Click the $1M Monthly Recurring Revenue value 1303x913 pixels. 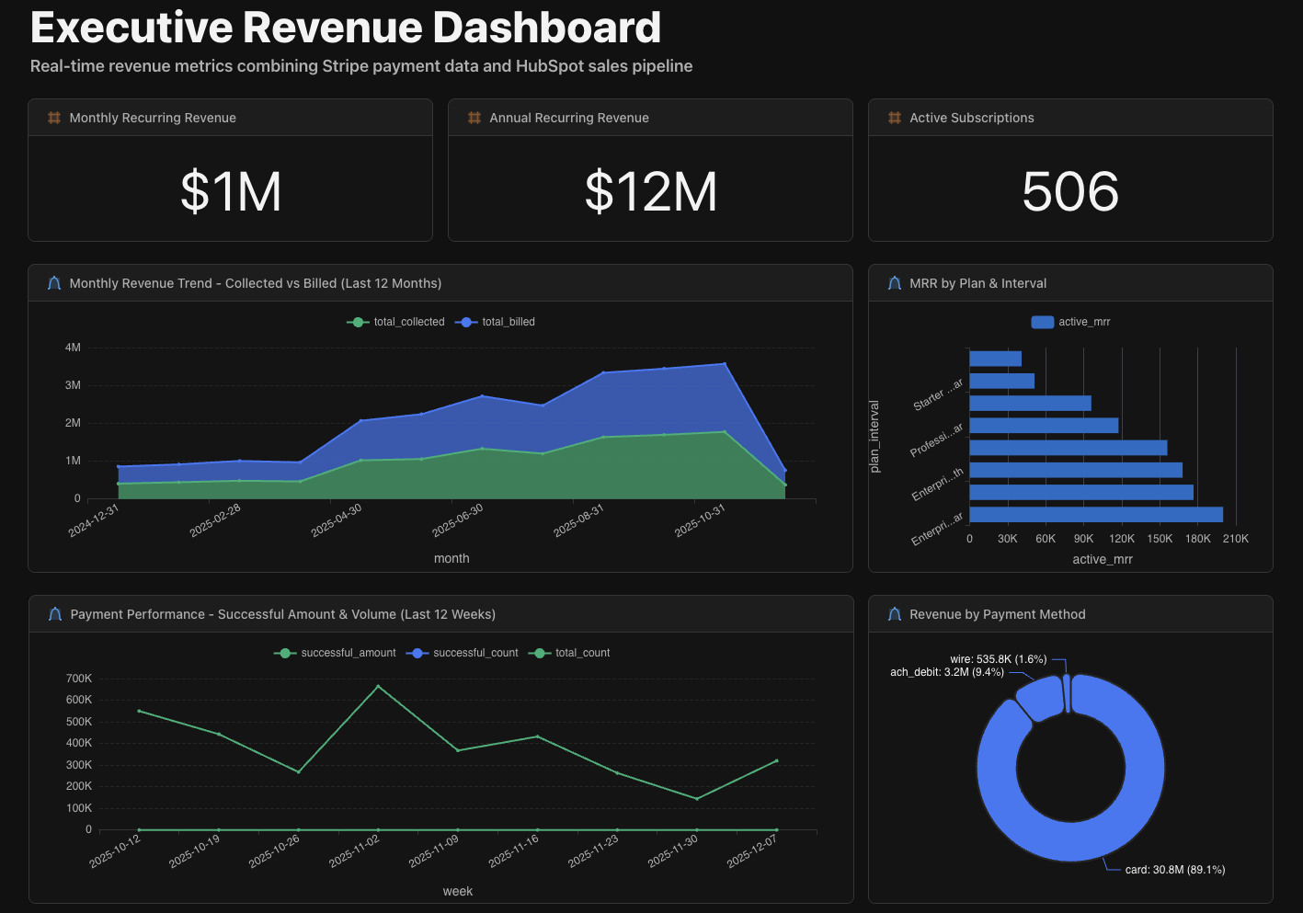(x=231, y=191)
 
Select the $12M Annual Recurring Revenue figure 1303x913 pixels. (x=651, y=191)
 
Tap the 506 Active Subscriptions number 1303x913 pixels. (x=1070, y=191)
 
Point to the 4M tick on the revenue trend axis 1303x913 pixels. (x=74, y=348)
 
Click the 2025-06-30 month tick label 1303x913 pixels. (x=458, y=520)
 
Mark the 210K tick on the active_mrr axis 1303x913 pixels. (x=1235, y=539)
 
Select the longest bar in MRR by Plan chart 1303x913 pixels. (x=1095, y=514)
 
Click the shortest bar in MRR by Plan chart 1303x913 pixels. (x=995, y=359)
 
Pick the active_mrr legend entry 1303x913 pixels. (x=1071, y=322)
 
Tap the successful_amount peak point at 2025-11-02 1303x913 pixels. (x=378, y=686)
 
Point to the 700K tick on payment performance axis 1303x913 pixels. (x=79, y=679)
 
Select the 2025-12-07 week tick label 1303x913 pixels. (x=752, y=851)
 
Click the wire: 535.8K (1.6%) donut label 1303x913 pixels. (x=998, y=659)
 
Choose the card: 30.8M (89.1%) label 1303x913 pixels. (x=1174, y=869)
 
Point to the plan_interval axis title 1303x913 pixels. (x=874, y=436)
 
